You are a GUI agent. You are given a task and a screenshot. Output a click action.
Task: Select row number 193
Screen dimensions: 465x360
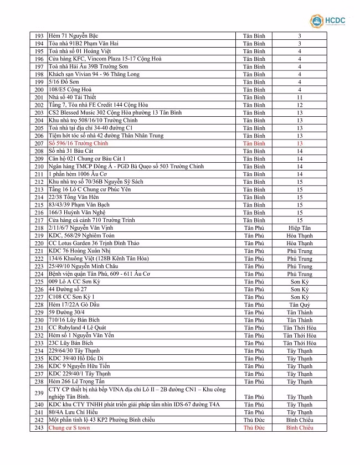tap(39, 36)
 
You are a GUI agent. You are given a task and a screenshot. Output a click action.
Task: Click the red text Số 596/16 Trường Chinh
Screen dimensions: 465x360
tap(78, 143)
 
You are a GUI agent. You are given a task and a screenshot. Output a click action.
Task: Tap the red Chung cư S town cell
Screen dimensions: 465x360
tap(69, 428)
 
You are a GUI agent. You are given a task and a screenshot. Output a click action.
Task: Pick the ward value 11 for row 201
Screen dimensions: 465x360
tap(300, 97)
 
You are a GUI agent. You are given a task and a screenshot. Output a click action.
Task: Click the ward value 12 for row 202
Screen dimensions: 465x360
tap(300, 105)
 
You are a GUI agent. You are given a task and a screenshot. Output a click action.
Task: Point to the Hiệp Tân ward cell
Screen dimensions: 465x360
tap(300, 228)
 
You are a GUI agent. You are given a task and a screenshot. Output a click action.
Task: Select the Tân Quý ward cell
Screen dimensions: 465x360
tap(300, 305)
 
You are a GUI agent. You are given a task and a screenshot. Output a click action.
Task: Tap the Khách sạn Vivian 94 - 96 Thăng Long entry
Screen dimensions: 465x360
tap(94, 74)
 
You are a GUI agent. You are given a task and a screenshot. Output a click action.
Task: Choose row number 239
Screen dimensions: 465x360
tap(39, 393)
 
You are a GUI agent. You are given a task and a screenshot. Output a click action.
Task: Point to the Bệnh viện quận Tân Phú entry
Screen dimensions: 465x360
tap(99, 274)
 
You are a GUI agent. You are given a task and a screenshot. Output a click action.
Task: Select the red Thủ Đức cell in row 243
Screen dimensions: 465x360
tap(254, 428)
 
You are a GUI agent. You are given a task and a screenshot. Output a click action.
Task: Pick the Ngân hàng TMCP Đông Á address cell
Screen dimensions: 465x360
tap(126, 167)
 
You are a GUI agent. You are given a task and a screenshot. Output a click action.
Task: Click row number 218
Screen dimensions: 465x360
tap(39, 228)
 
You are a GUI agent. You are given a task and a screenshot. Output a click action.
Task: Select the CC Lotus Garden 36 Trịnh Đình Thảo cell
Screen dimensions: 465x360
tap(94, 244)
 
